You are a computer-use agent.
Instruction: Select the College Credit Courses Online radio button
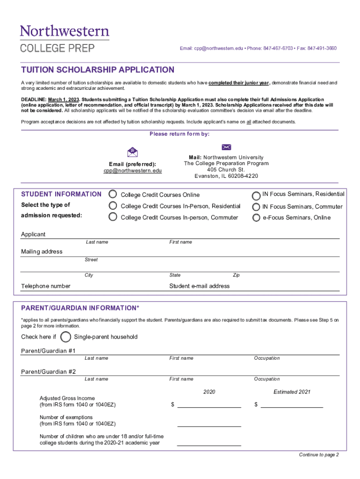pyautogui.click(x=113, y=194)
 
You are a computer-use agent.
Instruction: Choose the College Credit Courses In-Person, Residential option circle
pyautogui.click(x=113, y=206)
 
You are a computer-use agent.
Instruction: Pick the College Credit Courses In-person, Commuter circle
pyautogui.click(x=113, y=217)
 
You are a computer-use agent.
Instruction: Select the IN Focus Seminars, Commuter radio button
pyautogui.click(x=256, y=207)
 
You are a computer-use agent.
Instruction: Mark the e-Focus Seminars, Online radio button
pyautogui.click(x=256, y=218)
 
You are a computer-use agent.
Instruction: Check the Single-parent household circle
pyautogui.click(x=66, y=337)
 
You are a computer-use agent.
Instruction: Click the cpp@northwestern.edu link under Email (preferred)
pyautogui.click(x=133, y=171)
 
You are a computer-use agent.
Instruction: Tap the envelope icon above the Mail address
pyautogui.click(x=226, y=147)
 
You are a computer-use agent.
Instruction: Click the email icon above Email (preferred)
pyautogui.click(x=133, y=152)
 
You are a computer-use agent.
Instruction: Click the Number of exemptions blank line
pyautogui.click(x=209, y=423)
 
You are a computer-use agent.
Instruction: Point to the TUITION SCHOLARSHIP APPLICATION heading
pyautogui.click(x=98, y=70)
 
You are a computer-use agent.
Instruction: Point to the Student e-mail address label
pyautogui.click(x=200, y=286)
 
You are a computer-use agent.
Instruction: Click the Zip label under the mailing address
pyautogui.click(x=236, y=275)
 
